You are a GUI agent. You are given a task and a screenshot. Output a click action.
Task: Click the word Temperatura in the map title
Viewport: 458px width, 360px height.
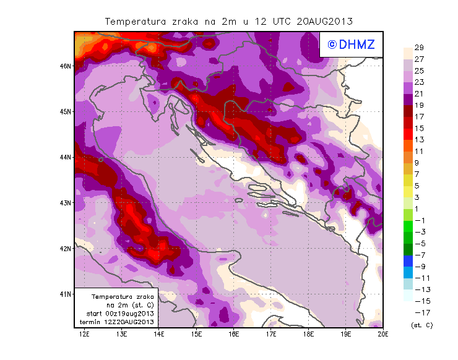click(136, 21)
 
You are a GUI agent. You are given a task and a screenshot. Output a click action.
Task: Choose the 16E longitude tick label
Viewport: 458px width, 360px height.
click(234, 335)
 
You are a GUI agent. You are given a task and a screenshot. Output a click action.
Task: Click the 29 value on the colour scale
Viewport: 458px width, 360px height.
click(419, 48)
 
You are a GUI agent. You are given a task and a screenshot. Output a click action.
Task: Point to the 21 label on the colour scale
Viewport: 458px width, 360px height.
click(419, 93)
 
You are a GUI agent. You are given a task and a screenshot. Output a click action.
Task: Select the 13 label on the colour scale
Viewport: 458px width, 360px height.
click(419, 140)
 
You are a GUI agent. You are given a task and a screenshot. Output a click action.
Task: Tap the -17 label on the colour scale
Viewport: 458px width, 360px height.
click(418, 312)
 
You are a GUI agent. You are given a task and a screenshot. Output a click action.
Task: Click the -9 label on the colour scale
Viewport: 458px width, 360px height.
click(418, 266)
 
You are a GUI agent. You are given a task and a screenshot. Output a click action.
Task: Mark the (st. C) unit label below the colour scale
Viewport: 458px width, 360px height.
click(421, 325)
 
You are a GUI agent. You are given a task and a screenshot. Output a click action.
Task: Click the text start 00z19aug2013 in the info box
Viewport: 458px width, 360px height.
click(116, 314)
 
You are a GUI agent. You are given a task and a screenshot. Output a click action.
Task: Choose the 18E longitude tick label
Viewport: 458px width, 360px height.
click(308, 335)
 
